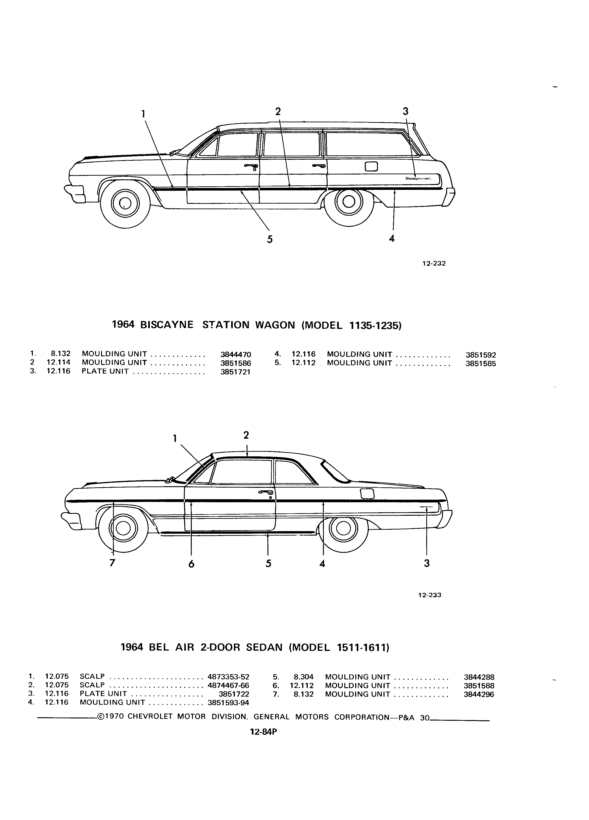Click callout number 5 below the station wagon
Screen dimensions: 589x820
point(270,239)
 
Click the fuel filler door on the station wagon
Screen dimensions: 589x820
point(372,166)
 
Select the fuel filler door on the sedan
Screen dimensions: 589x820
point(367,494)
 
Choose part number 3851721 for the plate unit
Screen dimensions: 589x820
point(235,372)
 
